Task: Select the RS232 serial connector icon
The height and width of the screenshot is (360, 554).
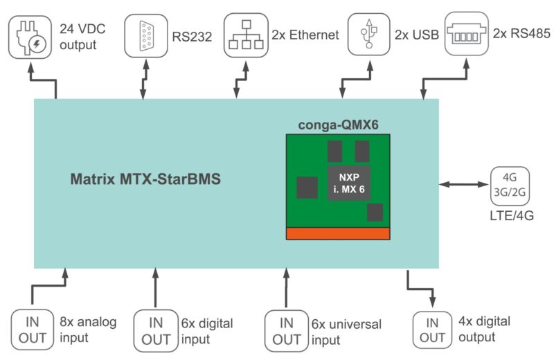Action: [145, 35]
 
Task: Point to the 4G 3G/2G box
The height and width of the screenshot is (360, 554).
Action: [510, 185]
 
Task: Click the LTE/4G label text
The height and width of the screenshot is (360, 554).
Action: [510, 217]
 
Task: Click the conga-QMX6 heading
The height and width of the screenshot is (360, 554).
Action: [337, 125]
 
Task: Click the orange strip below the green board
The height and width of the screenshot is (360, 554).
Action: [338, 233]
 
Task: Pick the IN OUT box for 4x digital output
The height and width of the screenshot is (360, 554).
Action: [432, 330]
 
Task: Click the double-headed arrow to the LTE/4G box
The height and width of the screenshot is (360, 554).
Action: [464, 184]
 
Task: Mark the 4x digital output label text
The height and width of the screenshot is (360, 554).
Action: [485, 329]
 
